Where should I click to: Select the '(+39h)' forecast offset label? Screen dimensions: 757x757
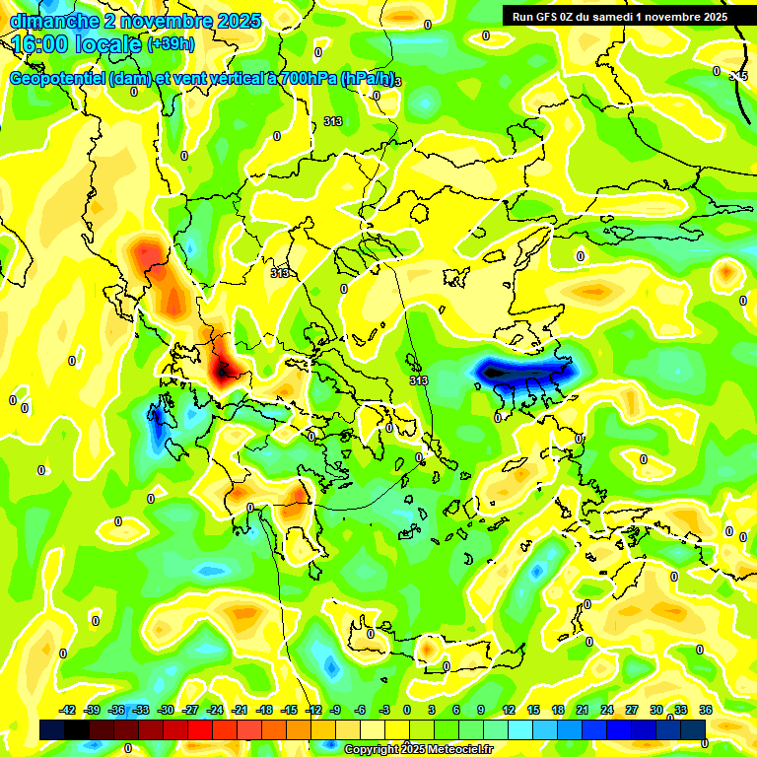click(172, 44)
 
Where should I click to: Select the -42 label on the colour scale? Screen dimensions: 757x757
click(67, 710)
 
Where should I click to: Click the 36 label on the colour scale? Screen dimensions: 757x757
click(705, 710)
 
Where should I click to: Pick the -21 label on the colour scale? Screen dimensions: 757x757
click(239, 710)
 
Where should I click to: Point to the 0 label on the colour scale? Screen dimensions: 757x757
click(407, 710)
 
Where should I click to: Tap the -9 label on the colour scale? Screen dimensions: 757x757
click(335, 710)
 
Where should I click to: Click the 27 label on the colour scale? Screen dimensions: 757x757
click(631, 710)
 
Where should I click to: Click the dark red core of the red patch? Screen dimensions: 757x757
click(228, 369)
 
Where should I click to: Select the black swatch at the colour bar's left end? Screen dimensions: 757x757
click(52, 729)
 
